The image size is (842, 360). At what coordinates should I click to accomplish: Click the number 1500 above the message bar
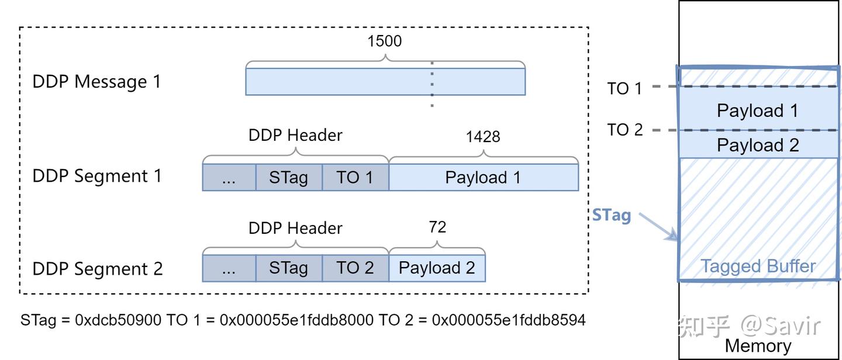point(384,41)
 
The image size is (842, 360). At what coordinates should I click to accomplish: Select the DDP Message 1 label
point(96,81)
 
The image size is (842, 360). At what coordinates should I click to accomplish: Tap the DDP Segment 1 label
point(97,176)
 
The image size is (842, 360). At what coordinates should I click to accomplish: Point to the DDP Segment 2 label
point(98,269)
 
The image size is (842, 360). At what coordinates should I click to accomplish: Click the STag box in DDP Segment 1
point(289,178)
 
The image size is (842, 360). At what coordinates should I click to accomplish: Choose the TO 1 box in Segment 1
point(355,178)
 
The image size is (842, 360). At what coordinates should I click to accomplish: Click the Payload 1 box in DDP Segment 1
point(483,178)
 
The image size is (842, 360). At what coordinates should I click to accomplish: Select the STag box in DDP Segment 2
point(289,268)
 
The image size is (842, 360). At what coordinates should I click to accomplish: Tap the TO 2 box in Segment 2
point(355,268)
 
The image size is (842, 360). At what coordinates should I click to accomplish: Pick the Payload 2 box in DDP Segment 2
point(437,268)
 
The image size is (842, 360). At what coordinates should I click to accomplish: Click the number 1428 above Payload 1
point(483,137)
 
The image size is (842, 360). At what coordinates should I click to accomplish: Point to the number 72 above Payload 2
point(437,227)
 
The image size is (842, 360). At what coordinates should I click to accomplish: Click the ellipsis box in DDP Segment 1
point(229,178)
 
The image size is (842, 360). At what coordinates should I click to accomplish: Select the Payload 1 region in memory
point(758,110)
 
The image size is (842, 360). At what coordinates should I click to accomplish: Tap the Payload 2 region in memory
point(758,145)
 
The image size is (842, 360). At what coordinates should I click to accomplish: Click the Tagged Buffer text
point(758,266)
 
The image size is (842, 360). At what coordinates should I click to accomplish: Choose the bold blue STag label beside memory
point(612,216)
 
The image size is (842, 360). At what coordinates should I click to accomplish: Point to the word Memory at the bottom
point(758,346)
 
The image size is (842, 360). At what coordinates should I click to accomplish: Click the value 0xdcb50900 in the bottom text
point(119,320)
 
